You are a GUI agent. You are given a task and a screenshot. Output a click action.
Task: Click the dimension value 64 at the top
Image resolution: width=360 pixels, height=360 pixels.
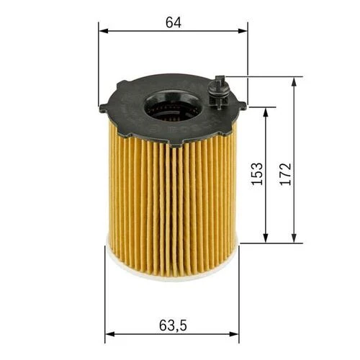point(173,22)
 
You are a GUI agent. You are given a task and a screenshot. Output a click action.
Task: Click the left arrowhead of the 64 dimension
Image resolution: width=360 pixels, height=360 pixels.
point(103,31)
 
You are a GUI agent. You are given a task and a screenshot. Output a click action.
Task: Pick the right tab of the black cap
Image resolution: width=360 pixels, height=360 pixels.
point(241,106)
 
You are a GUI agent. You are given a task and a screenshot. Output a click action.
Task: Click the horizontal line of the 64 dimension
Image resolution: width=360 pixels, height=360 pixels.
point(144,31)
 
